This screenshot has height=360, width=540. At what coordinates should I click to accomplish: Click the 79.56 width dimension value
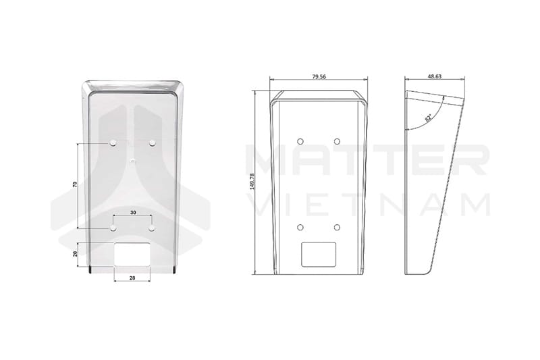(319, 76)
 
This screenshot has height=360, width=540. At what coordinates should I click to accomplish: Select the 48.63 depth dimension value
(435, 76)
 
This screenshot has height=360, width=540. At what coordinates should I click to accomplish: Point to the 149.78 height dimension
(252, 182)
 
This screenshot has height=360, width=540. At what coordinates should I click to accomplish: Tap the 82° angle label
(429, 118)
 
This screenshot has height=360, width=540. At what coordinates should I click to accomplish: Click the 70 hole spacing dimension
(75, 184)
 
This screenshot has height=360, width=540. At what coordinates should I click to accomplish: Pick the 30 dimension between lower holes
(133, 213)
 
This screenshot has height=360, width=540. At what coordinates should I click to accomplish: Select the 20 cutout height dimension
(75, 254)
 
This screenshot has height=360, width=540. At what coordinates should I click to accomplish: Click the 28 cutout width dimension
(132, 278)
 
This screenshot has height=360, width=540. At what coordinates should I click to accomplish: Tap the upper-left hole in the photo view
(113, 143)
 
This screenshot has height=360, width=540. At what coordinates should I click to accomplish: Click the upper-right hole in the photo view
(153, 143)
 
